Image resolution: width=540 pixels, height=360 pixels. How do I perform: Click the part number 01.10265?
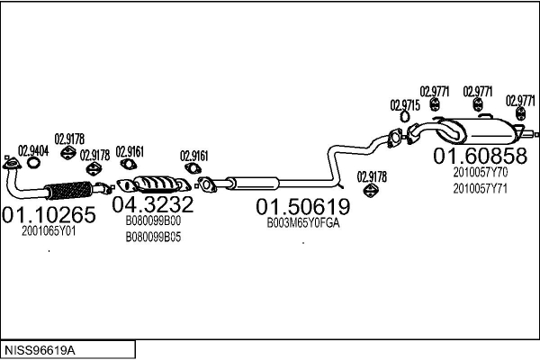49,214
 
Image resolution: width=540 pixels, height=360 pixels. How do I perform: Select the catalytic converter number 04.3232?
153,204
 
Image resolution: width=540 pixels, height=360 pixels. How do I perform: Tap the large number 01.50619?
303,206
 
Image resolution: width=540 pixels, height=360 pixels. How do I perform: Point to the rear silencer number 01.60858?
480,156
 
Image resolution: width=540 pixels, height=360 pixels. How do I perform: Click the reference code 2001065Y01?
49,231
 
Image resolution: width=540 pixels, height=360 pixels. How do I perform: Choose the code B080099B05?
153,237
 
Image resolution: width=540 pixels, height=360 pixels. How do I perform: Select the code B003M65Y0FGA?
303,223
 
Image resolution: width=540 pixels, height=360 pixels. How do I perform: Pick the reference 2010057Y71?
480,189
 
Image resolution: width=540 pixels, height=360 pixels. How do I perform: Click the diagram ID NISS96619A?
40,351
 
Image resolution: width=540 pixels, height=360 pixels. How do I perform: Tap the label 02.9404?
33,151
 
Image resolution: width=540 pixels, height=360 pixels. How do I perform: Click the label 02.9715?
405,105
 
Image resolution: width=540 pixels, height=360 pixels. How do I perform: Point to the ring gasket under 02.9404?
33,163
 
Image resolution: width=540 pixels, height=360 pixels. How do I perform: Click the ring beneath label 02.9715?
405,116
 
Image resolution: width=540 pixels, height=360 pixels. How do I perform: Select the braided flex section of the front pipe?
69,190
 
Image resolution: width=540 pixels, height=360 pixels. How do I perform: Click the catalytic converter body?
158,184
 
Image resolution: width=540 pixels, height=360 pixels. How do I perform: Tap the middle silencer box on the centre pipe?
253,184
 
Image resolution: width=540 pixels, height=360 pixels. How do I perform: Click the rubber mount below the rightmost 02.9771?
520,114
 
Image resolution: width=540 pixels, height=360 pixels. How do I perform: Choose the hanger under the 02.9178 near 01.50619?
371,190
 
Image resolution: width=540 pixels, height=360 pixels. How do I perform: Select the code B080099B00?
153,220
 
